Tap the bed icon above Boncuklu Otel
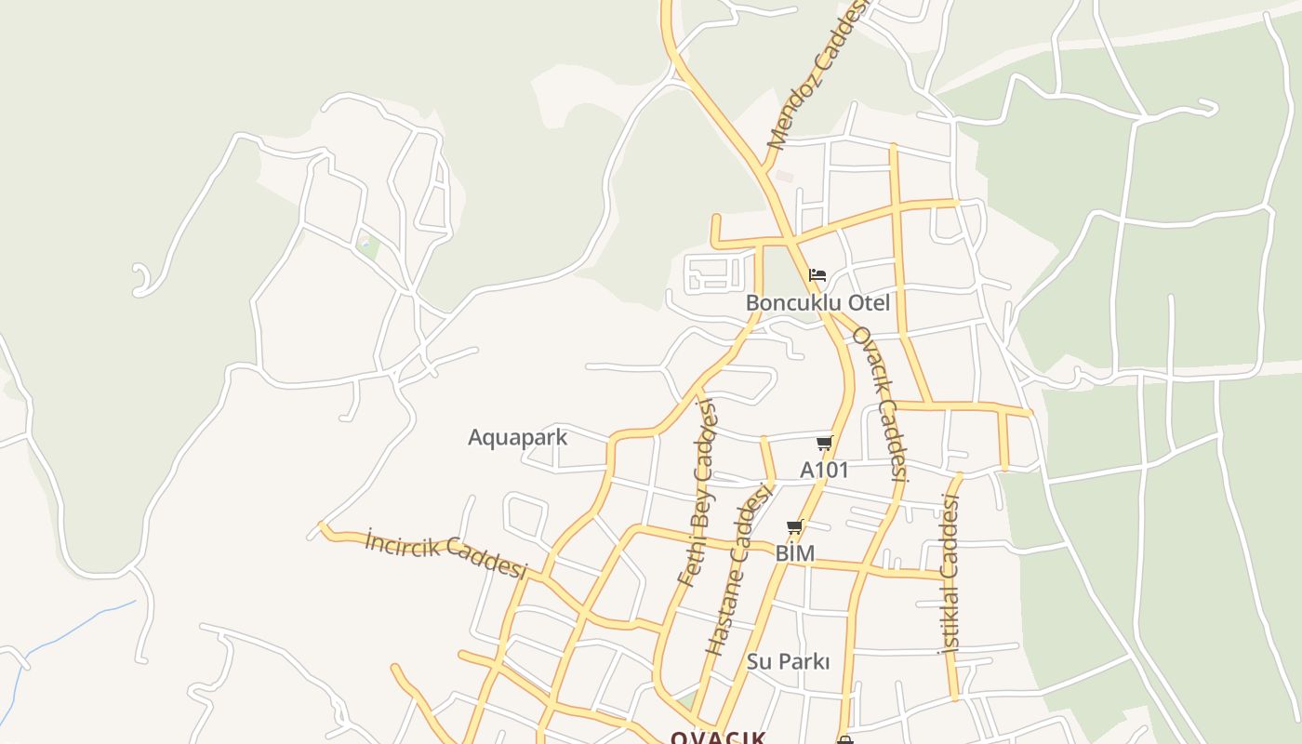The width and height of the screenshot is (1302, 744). tap(817, 274)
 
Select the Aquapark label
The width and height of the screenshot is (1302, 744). tap(517, 437)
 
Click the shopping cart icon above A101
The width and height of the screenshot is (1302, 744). tap(824, 444)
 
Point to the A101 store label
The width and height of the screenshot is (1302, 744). tap(824, 471)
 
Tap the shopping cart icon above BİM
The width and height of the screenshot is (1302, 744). tap(795, 528)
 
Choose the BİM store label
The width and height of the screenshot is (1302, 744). tap(795, 554)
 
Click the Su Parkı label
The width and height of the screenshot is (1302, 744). tap(788, 662)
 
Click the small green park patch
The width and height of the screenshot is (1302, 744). tap(368, 248)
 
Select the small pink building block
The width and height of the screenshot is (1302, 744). tap(785, 176)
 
